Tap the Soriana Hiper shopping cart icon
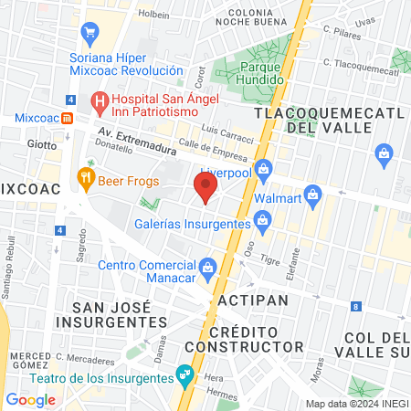pos(90,35)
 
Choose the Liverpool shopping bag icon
pos(264,168)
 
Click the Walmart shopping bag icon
pos(313,195)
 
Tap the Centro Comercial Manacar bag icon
pos(208,267)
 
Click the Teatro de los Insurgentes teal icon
pos(185,374)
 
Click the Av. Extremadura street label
pos(136,139)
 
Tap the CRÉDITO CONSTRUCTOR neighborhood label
pos(243,338)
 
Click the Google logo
pos(30,399)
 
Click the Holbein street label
pos(154,15)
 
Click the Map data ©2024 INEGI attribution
pos(356,403)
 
